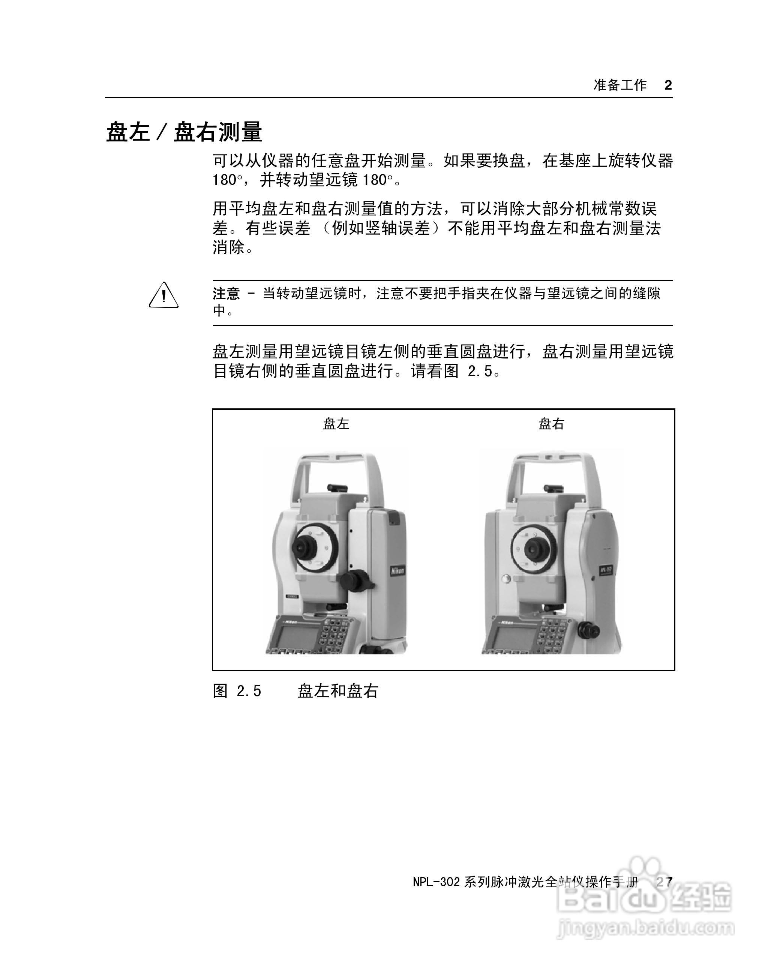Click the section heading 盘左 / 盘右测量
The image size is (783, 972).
[184, 132]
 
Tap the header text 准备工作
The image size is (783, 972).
[620, 85]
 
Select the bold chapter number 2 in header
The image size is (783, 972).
[668, 85]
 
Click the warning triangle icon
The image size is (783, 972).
[164, 296]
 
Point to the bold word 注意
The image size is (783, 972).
[226, 294]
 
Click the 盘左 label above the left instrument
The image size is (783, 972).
[336, 423]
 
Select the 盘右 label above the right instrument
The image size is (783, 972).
[551, 423]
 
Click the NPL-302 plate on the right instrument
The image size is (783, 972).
[605, 570]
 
